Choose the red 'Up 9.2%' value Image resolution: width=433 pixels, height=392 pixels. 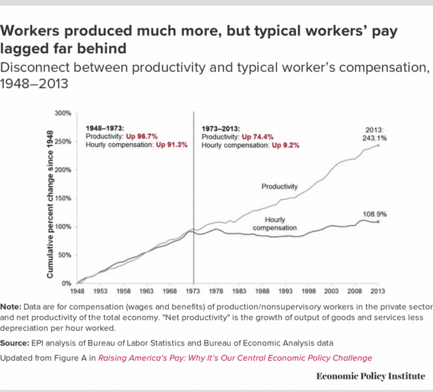click(285, 146)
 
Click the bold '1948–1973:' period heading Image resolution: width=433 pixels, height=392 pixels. click(105, 128)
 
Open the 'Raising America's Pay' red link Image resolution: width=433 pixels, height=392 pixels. click(236, 357)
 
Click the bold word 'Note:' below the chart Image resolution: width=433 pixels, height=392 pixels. click(12, 307)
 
